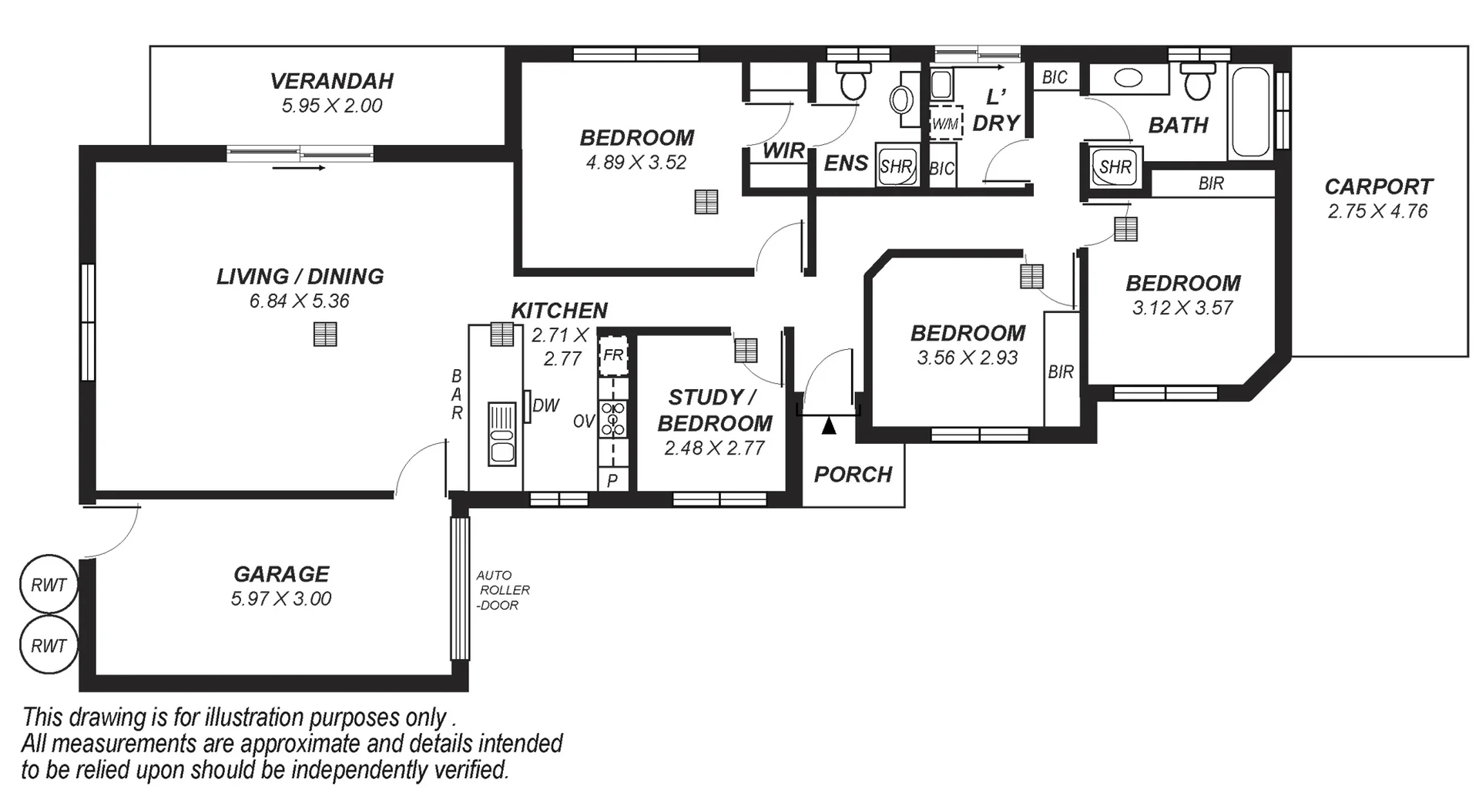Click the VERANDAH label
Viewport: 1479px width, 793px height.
click(331, 81)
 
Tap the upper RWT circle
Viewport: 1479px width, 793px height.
click(49, 585)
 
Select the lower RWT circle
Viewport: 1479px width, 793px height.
click(49, 645)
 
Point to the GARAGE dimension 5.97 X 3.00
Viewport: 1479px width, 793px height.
click(281, 599)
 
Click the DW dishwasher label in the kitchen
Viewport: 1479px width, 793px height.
click(545, 405)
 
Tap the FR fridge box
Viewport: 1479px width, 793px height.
click(613, 355)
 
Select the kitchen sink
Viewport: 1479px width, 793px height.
click(502, 433)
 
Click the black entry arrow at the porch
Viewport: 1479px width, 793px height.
click(828, 425)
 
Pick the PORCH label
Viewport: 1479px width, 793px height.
click(853, 474)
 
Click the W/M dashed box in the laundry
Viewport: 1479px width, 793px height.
click(945, 123)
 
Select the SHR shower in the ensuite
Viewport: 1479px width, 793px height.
click(896, 166)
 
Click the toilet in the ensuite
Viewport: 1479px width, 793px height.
click(852, 82)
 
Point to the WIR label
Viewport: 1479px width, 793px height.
click(783, 150)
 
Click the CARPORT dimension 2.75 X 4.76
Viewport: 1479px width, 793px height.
click(1377, 211)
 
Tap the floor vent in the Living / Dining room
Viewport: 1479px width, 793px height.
click(325, 334)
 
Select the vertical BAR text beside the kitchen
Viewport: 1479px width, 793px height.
click(457, 395)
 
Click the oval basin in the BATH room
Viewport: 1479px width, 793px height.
click(1129, 79)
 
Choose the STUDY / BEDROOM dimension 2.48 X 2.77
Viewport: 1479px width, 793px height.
click(714, 448)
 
